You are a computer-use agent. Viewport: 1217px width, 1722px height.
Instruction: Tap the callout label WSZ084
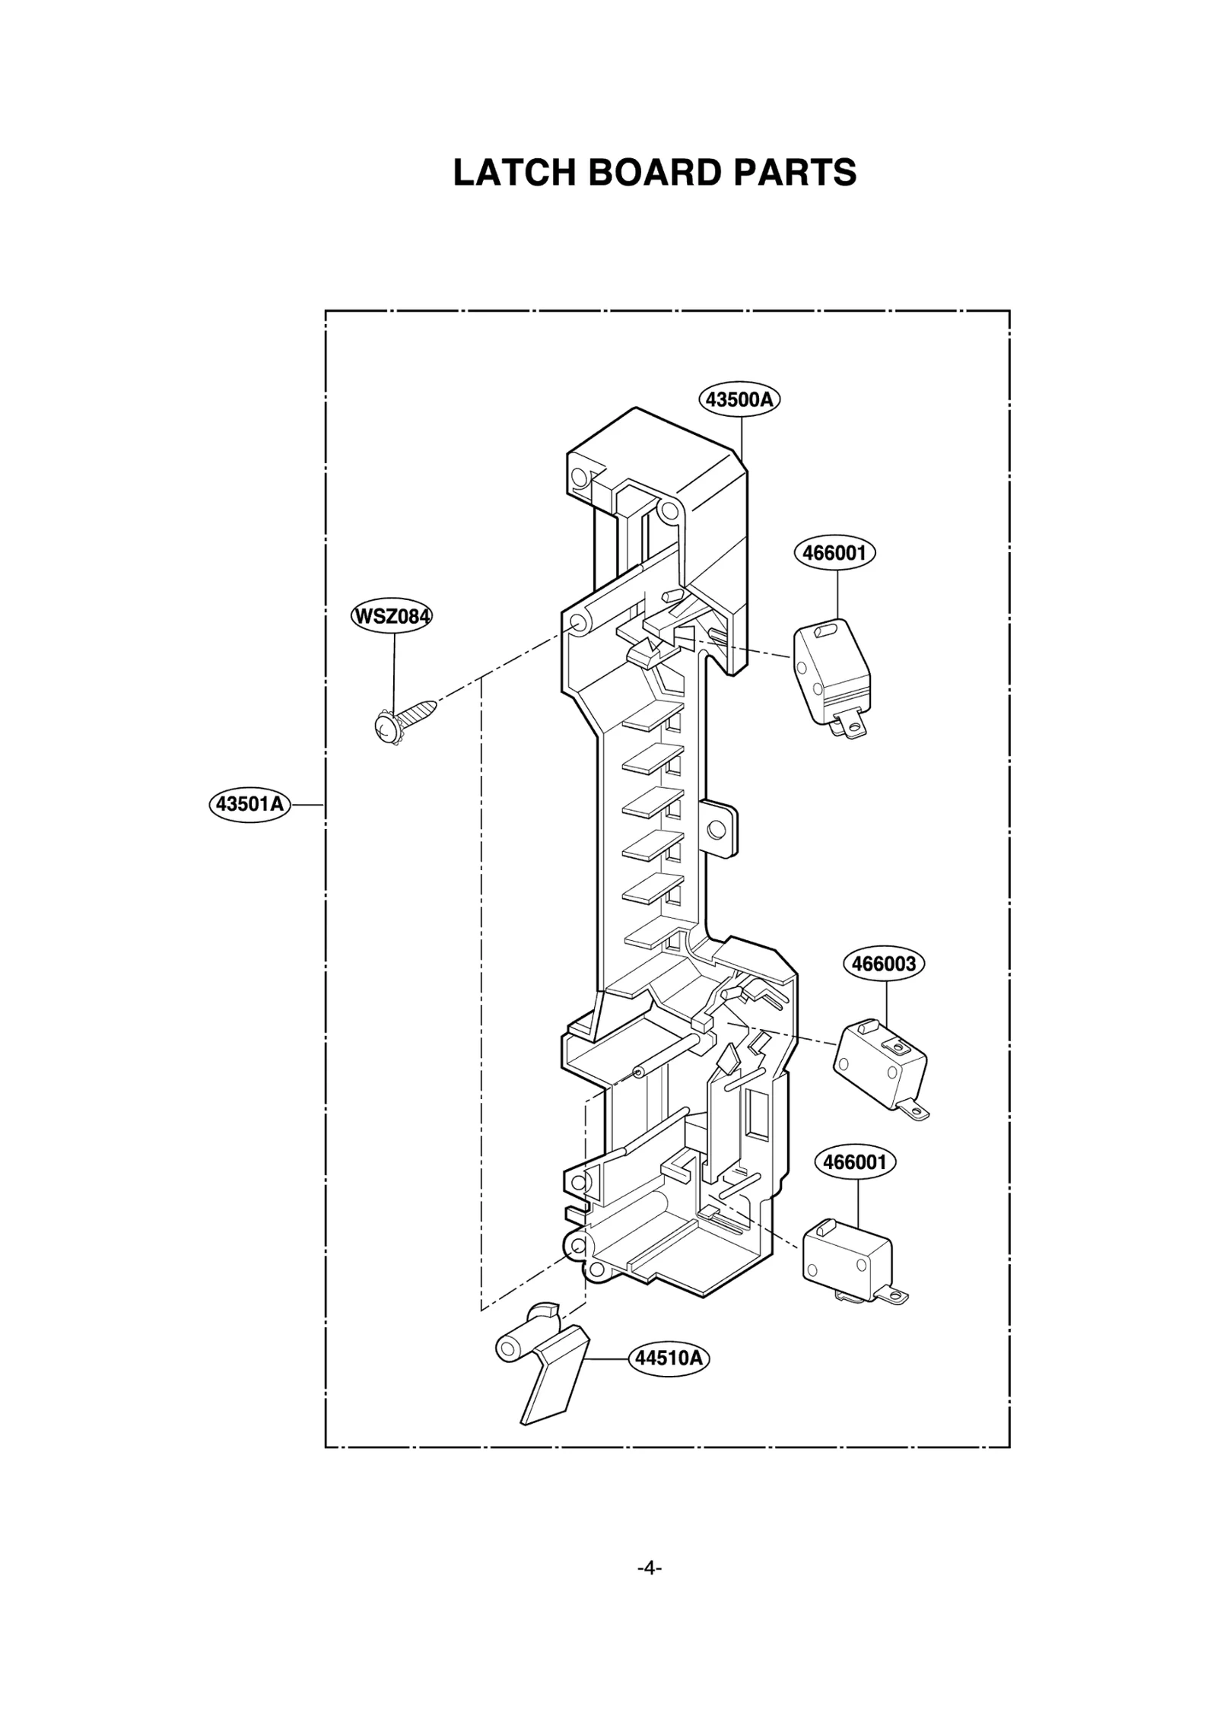[392, 616]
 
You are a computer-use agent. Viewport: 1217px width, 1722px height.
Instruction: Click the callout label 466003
[884, 964]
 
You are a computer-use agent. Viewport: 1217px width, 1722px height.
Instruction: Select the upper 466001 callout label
[834, 552]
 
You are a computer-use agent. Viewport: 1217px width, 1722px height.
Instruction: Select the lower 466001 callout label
[855, 1161]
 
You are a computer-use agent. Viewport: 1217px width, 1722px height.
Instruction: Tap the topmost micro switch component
[831, 669]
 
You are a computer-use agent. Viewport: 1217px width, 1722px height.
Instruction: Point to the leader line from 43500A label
[742, 434]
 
